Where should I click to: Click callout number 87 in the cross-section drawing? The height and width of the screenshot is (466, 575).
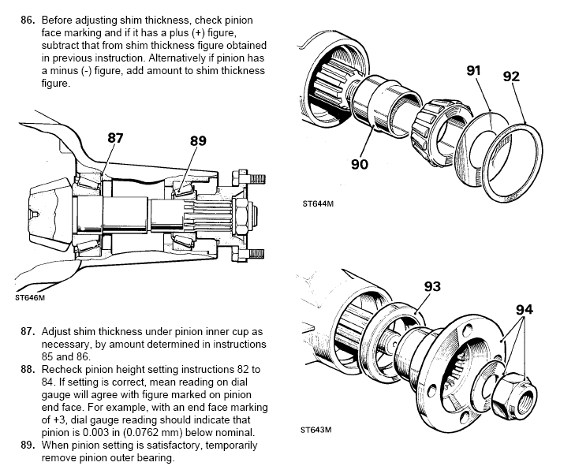coord(115,138)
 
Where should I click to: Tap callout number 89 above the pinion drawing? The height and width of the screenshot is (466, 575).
coord(198,141)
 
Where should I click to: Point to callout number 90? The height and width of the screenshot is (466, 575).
coord(360,164)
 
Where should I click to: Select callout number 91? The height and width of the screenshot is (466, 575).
coord(473,70)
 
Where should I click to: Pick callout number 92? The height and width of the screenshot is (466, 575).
coord(511,76)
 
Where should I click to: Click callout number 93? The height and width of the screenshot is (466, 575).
coord(432,286)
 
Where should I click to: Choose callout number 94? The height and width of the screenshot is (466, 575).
coord(525,310)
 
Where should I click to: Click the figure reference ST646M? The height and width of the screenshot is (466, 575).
coord(30,298)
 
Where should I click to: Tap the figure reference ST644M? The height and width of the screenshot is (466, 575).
coord(318,204)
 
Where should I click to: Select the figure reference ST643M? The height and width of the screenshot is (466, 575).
coord(316,430)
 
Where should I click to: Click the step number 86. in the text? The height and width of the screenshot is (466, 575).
coord(28,21)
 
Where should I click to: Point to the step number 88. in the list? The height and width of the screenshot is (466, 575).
coord(28,369)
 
